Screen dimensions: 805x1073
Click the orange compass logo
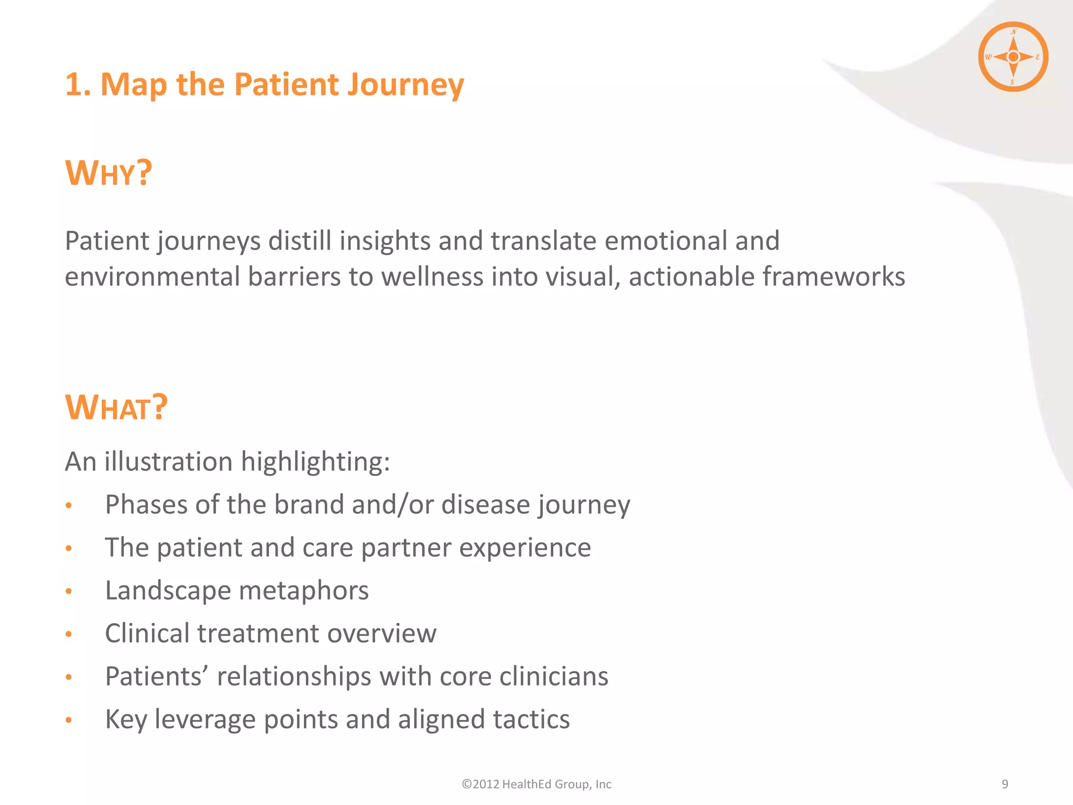(1013, 57)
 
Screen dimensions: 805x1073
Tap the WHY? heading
(108, 173)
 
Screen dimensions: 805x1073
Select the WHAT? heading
(116, 408)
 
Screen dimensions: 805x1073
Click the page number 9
(1004, 784)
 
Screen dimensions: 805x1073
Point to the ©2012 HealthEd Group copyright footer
(536, 784)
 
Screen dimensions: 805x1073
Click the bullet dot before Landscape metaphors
(69, 591)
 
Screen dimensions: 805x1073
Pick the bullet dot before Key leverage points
(69, 720)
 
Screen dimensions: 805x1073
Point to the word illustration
(168, 462)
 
